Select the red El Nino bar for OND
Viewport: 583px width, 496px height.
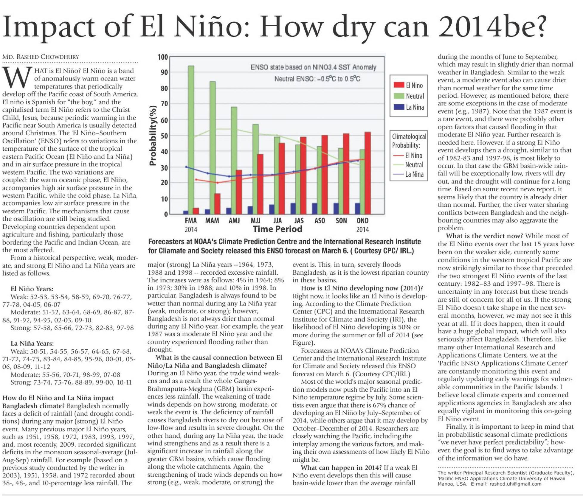tap(368, 173)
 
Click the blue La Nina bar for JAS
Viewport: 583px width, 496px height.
tap(293, 209)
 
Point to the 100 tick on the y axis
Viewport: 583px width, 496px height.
tap(163, 57)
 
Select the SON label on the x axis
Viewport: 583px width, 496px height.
tap(341, 221)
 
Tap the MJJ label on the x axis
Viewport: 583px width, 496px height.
tap(255, 221)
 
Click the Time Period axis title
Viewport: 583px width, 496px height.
tap(277, 229)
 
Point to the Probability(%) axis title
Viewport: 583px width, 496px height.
tap(153, 136)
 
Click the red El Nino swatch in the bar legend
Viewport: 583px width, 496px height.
tap(399, 85)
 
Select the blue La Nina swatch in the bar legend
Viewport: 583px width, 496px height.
tap(399, 107)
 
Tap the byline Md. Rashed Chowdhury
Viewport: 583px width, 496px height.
tap(41, 57)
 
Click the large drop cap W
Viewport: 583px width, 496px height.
tap(17, 78)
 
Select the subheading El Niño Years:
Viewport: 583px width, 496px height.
tap(32, 289)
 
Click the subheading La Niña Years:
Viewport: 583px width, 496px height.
tap(32, 343)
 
